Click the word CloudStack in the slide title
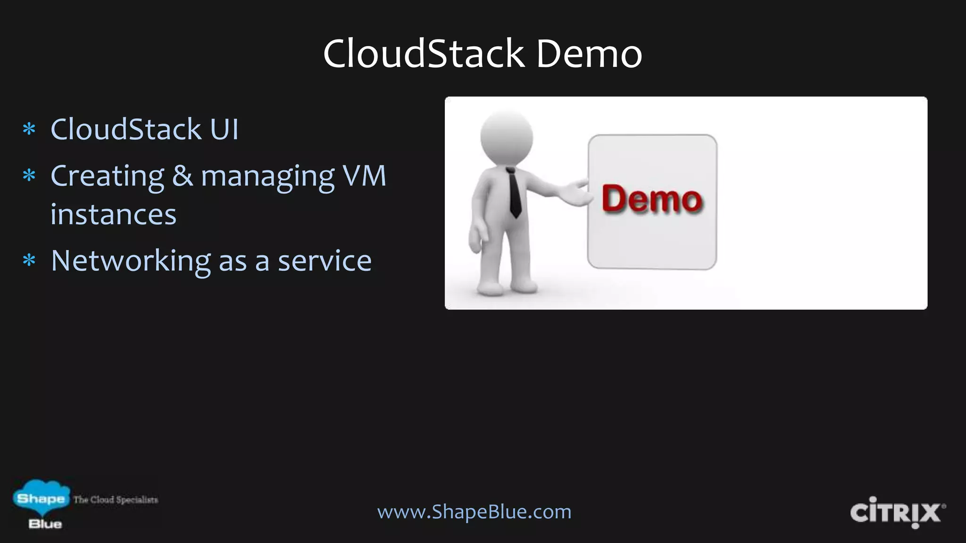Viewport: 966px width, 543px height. [424, 54]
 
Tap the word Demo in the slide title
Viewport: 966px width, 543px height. [589, 54]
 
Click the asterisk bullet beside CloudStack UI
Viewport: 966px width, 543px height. [29, 129]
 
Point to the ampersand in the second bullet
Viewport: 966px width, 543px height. [182, 176]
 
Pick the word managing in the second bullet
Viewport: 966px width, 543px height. [267, 177]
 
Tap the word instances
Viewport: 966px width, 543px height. [113, 215]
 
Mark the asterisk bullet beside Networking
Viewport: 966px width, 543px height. [29, 261]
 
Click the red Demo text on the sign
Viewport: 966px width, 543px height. [652, 199]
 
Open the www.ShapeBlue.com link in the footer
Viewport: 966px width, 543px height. [474, 511]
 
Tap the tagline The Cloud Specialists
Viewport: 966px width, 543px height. [116, 500]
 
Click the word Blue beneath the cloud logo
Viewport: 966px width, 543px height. [45, 524]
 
